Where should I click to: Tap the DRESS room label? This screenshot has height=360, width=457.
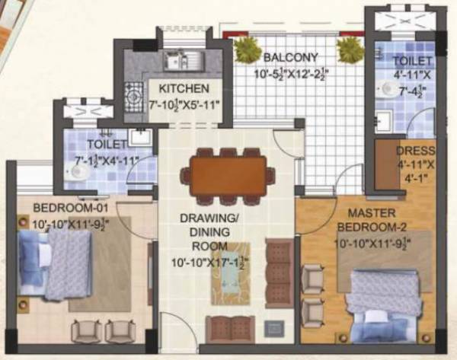point(414,150)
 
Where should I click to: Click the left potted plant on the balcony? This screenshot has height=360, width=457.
point(248,50)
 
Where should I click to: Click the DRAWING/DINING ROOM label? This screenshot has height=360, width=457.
point(210,232)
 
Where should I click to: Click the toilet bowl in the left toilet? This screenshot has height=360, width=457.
point(80,173)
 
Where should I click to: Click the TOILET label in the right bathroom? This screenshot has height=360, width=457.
point(412,60)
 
